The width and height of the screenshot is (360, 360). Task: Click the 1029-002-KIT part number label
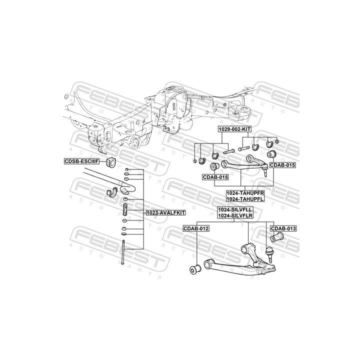pos(234,129)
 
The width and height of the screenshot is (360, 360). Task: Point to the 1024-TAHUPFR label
pos(244,192)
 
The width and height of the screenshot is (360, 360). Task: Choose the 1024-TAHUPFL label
pos(244,198)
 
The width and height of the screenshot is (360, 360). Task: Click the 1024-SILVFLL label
pos(235,210)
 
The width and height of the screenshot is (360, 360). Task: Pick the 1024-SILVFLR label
pos(235,216)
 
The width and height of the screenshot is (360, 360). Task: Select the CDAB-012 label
pos(196,228)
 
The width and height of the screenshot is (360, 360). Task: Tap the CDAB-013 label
pos(283,228)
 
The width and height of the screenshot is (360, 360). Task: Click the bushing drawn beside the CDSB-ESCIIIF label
pos(110,161)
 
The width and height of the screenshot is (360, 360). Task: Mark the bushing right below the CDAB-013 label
pos(280,236)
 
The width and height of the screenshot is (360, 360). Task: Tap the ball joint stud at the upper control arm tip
pos(265,174)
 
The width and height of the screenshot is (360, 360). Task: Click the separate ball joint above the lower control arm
pos(270,253)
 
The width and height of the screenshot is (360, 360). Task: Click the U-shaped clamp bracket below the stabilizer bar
pos(112,193)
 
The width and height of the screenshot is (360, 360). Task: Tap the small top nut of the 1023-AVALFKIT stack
pos(125,171)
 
